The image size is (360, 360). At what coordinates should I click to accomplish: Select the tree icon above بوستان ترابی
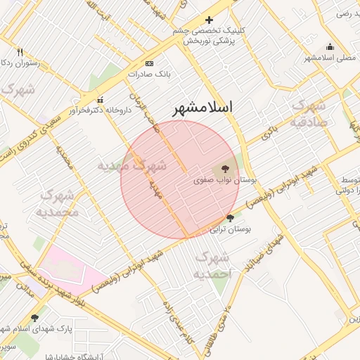230,219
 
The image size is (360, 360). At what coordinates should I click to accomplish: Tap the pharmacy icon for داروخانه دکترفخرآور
100,99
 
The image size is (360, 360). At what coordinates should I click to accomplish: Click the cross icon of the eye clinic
209,20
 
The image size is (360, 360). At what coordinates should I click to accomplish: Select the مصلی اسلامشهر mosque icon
330,47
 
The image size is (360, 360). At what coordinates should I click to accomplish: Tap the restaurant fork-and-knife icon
20,52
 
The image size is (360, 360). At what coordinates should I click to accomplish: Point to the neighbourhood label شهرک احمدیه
212,264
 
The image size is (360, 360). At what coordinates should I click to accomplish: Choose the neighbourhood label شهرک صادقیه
310,112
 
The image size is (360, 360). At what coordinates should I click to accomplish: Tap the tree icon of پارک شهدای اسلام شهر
35,318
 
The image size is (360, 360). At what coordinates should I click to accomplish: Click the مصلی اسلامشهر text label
331,58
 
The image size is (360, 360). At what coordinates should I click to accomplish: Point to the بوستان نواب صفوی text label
226,181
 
